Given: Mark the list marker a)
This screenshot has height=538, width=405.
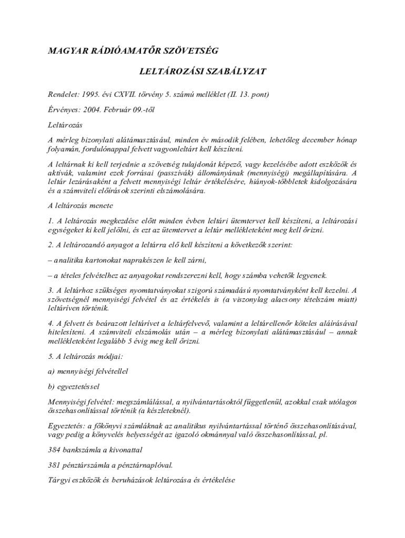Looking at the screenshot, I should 52,371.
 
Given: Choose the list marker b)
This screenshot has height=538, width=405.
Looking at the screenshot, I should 52,386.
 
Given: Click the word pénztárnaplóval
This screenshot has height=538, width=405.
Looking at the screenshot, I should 147,465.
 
